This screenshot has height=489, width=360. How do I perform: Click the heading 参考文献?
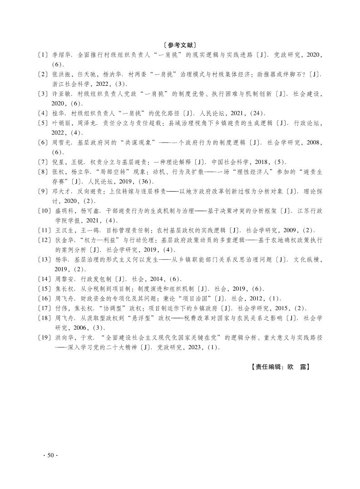coord(180,45)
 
